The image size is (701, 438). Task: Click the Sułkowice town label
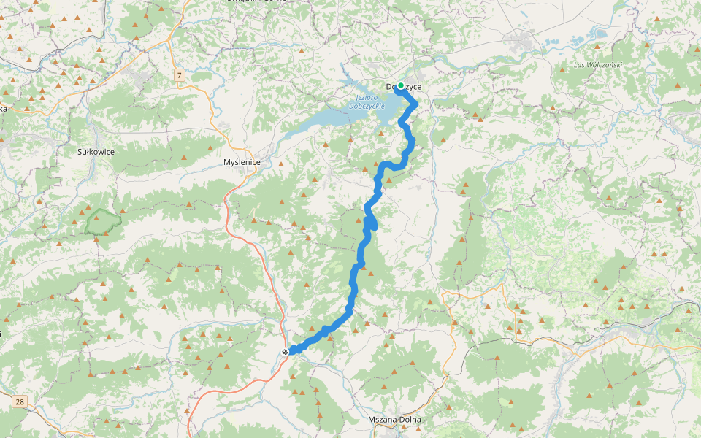click(96, 151)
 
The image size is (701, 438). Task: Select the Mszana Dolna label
click(395, 420)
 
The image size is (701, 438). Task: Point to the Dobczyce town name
click(405, 88)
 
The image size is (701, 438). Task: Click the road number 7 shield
click(178, 74)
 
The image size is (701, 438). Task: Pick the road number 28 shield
click(19, 401)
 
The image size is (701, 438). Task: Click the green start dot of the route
click(400, 86)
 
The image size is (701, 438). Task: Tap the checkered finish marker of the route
click(285, 352)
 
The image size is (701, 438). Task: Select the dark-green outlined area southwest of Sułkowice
click(102, 220)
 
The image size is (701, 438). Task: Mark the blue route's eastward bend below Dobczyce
click(415, 104)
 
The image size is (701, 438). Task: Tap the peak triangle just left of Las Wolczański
click(562, 70)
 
